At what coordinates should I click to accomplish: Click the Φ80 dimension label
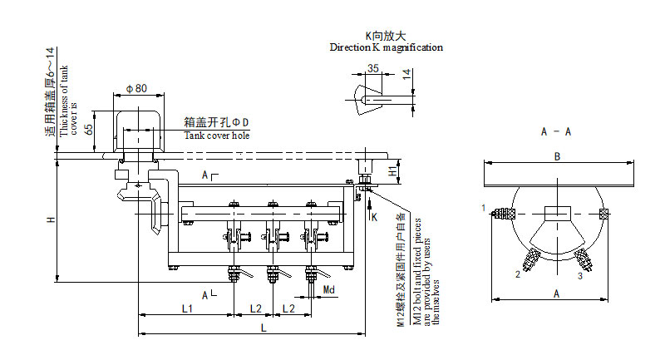pos(136,88)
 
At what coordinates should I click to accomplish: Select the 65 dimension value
pos(88,132)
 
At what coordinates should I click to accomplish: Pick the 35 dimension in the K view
pos(373,68)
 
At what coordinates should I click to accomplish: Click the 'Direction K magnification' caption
pos(386,47)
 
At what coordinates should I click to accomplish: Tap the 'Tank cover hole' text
pos(216,135)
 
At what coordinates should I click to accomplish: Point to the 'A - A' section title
pos(555,131)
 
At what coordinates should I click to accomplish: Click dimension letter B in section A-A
pos(558,156)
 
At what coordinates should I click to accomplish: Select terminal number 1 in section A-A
pos(482,206)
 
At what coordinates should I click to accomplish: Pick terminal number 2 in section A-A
pos(517,274)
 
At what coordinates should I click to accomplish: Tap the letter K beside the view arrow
pos(374,217)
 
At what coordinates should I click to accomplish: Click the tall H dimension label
pos(50,220)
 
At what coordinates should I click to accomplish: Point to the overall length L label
pos(264,329)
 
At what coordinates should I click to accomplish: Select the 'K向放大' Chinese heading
pos(386,36)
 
